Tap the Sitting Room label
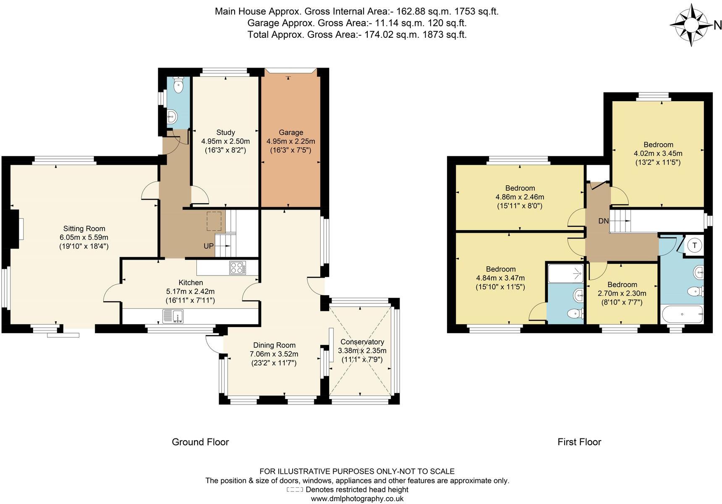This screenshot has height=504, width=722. click(84, 228)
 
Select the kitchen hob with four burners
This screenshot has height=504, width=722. click(238, 268)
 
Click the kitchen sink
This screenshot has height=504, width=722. click(173, 316)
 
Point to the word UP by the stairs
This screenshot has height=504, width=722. click(209, 246)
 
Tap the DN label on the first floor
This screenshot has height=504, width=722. click(603, 221)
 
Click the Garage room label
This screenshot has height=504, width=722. click(291, 132)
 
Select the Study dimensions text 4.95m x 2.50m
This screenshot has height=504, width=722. click(225, 141)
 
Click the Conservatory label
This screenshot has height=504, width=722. click(362, 341)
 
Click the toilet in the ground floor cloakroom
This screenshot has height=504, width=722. click(178, 85)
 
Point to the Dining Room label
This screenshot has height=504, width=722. click(274, 345)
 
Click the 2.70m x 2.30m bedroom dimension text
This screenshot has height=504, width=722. click(622, 293)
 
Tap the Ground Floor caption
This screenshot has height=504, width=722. click(200, 442)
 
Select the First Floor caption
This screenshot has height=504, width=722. click(579, 442)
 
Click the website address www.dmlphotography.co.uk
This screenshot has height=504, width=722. click(357, 499)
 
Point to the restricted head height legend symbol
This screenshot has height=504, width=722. click(295, 490)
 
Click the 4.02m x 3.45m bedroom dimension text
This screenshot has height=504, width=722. click(658, 153)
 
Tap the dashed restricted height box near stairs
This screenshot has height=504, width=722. click(214, 221)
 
